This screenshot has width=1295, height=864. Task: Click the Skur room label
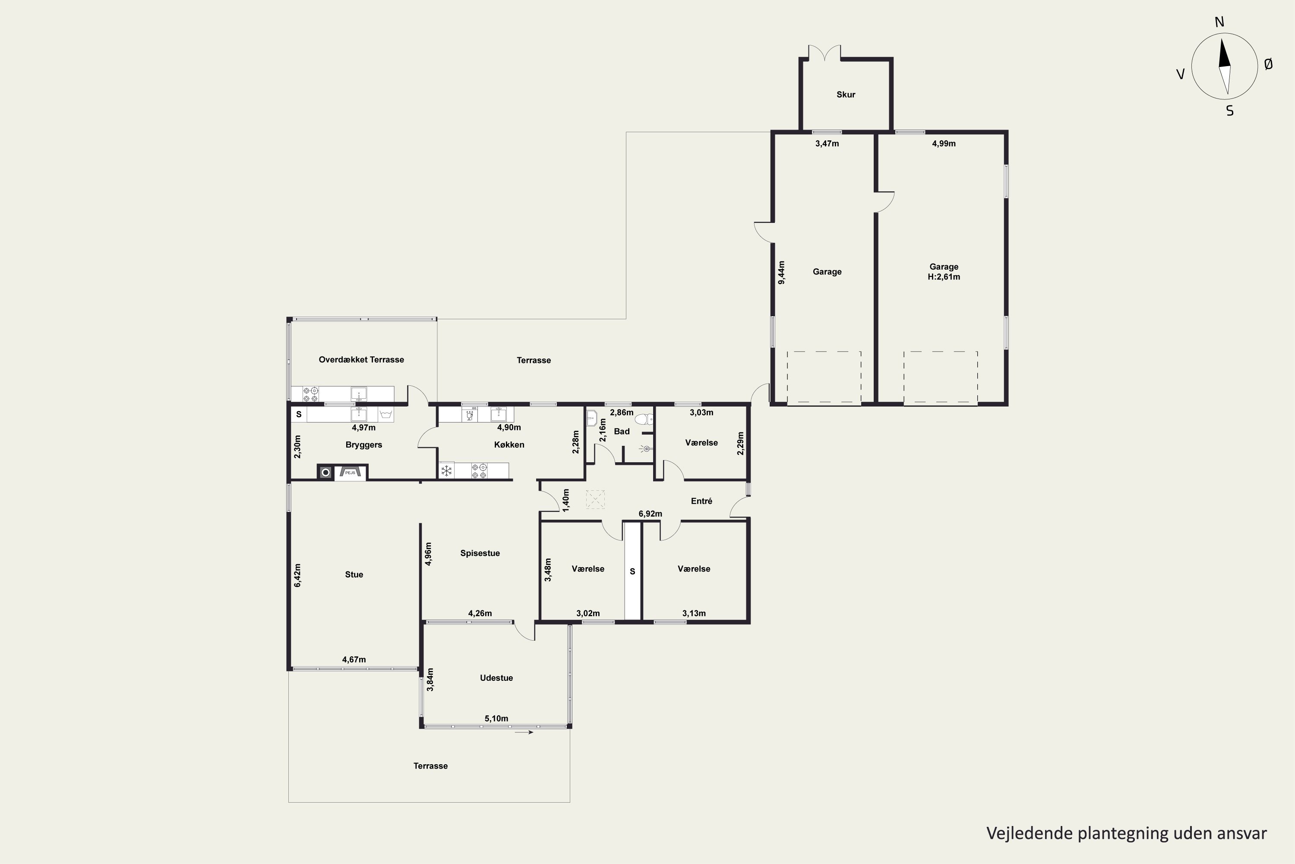(x=846, y=95)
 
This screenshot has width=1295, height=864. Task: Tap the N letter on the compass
(x=1219, y=22)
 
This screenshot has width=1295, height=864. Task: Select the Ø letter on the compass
(x=1269, y=64)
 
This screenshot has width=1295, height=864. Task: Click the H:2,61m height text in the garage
(x=944, y=276)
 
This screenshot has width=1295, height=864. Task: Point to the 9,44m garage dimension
(x=781, y=272)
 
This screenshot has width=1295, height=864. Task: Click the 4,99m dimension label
(x=944, y=144)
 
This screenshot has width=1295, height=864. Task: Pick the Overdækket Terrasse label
(x=361, y=360)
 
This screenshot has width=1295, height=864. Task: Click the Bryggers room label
(x=363, y=445)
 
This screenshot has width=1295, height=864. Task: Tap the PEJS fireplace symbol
(x=350, y=472)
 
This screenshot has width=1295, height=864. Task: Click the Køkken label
(x=509, y=445)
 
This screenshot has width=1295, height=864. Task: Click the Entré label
(x=701, y=501)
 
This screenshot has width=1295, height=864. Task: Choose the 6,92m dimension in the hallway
(x=650, y=514)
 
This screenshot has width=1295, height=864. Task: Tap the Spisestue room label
(x=480, y=553)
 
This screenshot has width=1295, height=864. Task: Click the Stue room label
(x=354, y=575)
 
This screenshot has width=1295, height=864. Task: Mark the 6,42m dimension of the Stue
(x=297, y=575)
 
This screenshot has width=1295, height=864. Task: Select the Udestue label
(x=496, y=678)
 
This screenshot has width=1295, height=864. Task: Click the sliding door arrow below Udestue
(x=524, y=732)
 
